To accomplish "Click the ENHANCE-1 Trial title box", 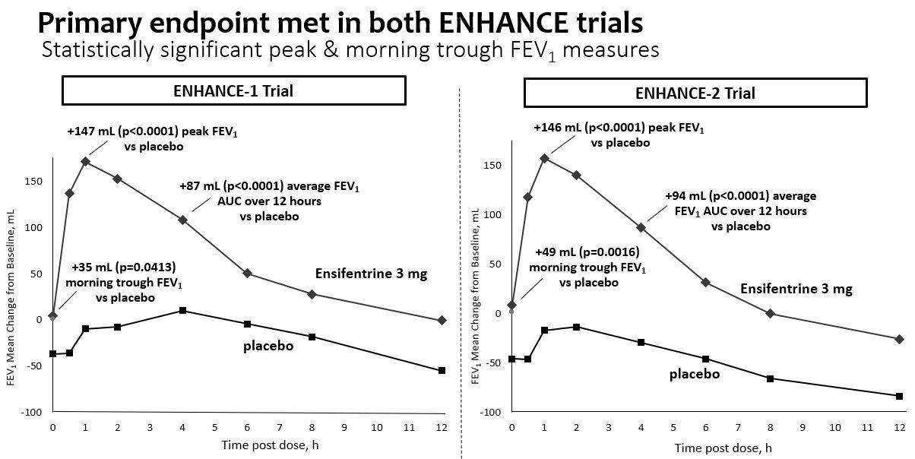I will [x=234, y=91].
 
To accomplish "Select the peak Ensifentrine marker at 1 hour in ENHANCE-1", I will [x=85, y=161].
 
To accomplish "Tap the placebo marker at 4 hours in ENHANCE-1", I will [x=182, y=311].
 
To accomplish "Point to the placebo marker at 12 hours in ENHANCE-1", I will [x=442, y=371].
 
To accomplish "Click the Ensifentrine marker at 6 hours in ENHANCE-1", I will [x=247, y=274].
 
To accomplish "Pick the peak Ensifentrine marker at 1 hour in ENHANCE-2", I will [x=544, y=158].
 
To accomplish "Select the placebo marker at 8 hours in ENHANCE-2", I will [x=770, y=378].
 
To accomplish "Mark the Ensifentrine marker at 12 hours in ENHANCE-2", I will [x=899, y=339].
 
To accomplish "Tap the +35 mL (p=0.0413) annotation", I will [x=124, y=282].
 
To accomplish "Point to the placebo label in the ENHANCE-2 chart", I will [x=694, y=374].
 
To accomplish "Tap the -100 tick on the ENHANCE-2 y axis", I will [x=492, y=412].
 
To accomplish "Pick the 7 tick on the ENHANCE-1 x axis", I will [x=280, y=427].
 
